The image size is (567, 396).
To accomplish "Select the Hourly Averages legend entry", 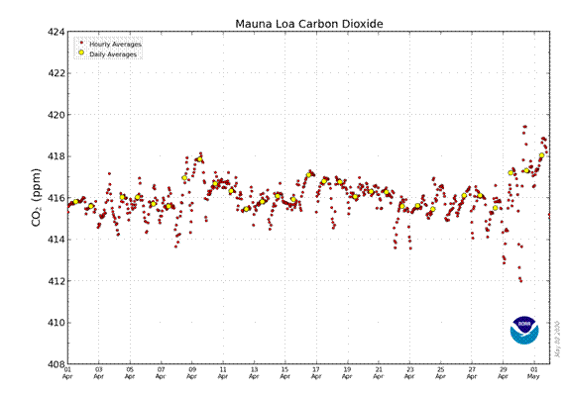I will pos(115,45).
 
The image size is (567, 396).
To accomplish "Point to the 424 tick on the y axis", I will pos(56,32).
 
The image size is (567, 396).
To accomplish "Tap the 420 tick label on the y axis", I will pos(56,115).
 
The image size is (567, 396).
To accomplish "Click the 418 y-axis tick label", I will pos(56,156).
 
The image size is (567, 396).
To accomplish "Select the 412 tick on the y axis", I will pos(56,281).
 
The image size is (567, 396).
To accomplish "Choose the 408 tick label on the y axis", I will pos(56,364).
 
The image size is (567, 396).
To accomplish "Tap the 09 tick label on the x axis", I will pos(191,372).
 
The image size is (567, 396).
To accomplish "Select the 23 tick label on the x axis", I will pos(409,372).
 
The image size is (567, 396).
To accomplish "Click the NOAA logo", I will pos(524,331).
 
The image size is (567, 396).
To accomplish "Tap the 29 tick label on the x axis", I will pos(503,372).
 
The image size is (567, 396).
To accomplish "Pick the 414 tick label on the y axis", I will pos(56,240).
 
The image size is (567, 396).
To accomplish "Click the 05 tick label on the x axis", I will pos(130,372).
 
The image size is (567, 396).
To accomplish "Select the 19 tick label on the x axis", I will pos(347,372).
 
